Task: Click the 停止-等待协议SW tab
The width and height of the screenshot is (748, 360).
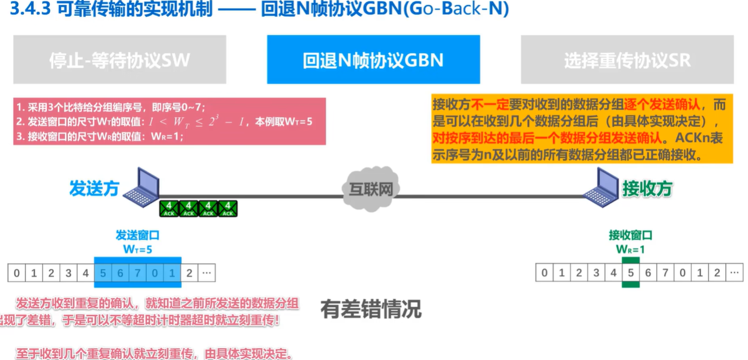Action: [x=119, y=60]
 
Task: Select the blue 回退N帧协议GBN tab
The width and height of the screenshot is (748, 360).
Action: [x=373, y=60]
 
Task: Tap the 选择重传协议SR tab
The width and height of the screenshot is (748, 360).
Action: [x=627, y=60]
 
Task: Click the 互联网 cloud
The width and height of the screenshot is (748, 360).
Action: [x=371, y=189]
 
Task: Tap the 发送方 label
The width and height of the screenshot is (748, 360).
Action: [x=94, y=188]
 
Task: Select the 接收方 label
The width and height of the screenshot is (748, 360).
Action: [x=647, y=188]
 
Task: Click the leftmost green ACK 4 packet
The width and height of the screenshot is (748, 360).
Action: [x=169, y=208]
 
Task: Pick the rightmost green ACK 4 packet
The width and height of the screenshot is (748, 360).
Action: [x=227, y=208]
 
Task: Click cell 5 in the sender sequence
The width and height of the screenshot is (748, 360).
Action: [x=103, y=273]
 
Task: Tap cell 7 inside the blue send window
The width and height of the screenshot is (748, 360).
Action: [x=137, y=273]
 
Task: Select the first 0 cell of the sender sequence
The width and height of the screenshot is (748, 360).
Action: [x=16, y=273]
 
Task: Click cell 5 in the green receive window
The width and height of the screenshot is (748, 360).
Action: [x=631, y=273]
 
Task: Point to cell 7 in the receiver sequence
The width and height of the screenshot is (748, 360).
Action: [x=665, y=273]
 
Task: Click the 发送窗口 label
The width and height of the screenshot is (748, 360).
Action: [x=137, y=235]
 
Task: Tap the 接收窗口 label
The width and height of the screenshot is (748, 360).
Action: [x=630, y=235]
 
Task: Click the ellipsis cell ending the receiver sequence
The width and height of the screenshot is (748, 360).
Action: [x=734, y=273]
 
